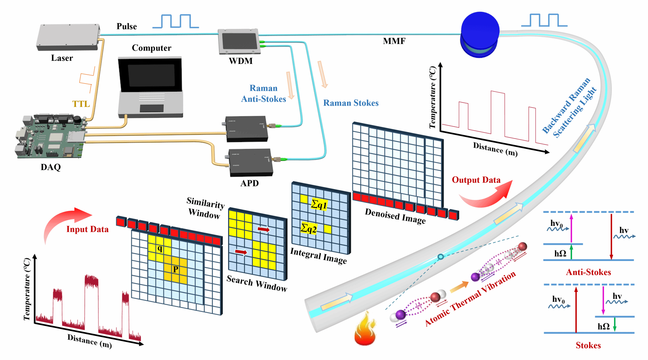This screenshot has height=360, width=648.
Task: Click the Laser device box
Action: point(68,37)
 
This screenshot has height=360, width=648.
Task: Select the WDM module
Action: point(239,41)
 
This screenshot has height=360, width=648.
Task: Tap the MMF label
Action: point(394,41)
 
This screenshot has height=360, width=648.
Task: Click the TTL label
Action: point(81,104)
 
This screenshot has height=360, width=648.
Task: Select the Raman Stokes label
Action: point(351,103)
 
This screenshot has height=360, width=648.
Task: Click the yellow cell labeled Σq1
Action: point(319,204)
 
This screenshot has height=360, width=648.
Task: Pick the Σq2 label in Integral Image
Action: point(308,228)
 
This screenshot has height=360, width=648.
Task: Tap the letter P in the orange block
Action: point(176,270)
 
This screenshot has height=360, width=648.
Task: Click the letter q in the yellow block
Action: point(160,249)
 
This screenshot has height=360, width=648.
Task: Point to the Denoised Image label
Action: point(395,216)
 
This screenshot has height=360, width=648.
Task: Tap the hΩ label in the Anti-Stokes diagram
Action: point(560,253)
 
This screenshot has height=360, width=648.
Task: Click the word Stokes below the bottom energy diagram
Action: point(588,345)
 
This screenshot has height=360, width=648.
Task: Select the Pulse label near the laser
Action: point(127,26)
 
